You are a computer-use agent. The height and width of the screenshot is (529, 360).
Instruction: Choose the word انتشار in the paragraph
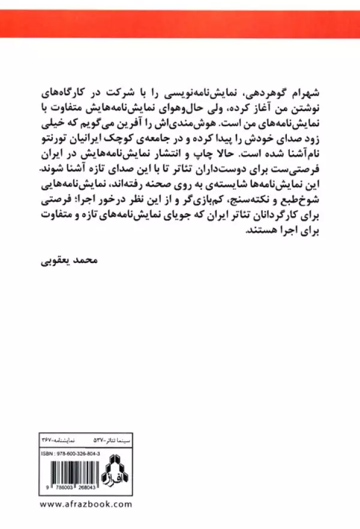[159, 142]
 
